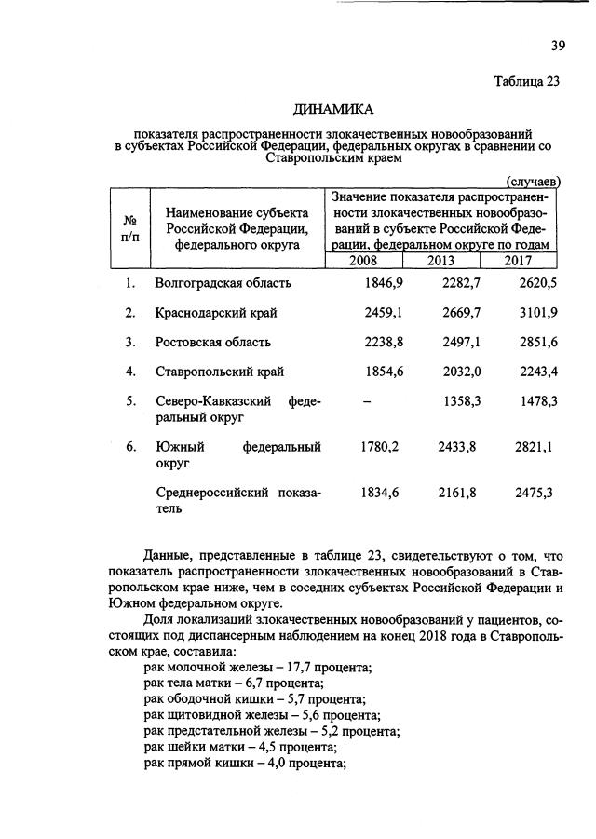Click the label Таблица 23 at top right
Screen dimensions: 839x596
pos(527,81)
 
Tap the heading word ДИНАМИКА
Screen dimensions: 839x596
pos(333,110)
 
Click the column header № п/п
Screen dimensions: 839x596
pos(130,229)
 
